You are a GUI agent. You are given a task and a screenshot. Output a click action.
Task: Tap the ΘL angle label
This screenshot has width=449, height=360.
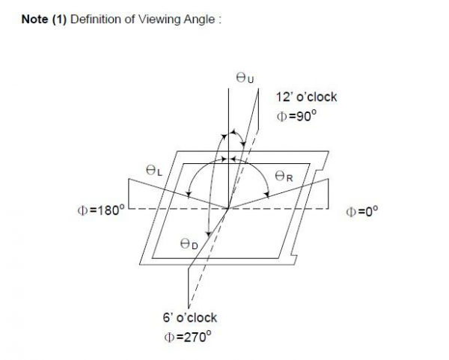[x=153, y=171]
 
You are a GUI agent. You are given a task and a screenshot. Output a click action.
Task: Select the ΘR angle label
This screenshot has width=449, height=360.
[x=282, y=176]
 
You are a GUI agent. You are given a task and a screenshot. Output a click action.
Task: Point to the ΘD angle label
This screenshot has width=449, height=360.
[x=189, y=243]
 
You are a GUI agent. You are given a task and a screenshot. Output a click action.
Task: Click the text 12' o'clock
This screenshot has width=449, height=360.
[x=307, y=97]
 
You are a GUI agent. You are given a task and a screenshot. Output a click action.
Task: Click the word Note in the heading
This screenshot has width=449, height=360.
[x=34, y=19]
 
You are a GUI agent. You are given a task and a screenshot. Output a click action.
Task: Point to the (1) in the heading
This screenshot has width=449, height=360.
[x=59, y=19]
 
